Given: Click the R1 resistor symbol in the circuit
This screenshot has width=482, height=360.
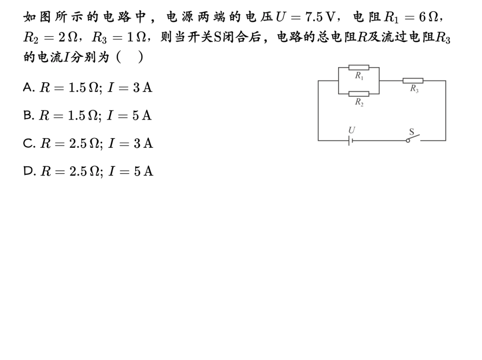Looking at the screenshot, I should coord(359,68).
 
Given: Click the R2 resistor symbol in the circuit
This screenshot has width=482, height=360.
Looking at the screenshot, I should coord(359,94).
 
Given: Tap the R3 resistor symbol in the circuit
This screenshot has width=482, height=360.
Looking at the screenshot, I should coord(413,81).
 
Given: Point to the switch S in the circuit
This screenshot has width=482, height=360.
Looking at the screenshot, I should coord(414,139).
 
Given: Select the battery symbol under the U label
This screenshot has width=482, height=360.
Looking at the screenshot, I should coord(351,141).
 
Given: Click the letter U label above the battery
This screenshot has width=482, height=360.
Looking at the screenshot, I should coord(351,130).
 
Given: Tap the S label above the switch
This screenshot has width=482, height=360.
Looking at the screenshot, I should coord(411,132).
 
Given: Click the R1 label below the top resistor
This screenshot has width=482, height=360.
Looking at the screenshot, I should coord(359,76).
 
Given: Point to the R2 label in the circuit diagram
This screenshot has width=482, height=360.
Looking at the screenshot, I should coord(359,102).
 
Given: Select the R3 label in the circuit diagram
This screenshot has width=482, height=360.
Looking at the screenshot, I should coord(414,89).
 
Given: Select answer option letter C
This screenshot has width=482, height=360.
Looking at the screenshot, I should coord(29,143).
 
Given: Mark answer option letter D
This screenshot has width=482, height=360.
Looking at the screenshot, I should coord(29,171).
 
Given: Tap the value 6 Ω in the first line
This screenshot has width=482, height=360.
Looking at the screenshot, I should coord(428,17).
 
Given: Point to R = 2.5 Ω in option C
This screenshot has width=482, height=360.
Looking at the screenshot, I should coord(70,143).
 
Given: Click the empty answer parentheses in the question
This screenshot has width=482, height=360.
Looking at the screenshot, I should coord(129,57).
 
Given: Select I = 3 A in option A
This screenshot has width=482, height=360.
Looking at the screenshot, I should coord(129,87).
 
